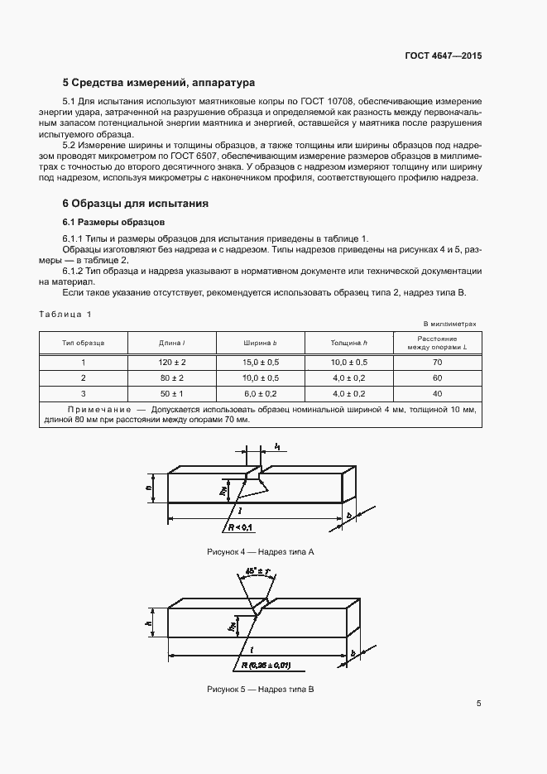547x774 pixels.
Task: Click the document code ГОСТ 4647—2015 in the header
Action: [443, 55]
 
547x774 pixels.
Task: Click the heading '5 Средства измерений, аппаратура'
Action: [158, 83]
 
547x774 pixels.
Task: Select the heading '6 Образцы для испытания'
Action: [135, 203]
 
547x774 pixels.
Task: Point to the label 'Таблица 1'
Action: [66, 313]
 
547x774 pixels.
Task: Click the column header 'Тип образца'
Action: [84, 343]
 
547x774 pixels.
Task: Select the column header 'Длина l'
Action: [171, 343]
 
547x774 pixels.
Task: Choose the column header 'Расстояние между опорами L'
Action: [437, 343]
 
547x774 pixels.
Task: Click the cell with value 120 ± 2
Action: [171, 363]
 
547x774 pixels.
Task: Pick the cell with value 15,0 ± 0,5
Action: [261, 363]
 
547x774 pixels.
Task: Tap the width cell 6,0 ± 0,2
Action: [261, 393]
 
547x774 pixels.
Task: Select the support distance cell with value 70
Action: [437, 363]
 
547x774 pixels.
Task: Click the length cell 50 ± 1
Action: [171, 393]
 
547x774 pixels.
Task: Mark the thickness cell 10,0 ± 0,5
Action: [348, 363]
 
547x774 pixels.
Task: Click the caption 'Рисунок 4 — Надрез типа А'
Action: [261, 551]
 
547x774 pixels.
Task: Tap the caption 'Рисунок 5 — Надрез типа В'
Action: [261, 690]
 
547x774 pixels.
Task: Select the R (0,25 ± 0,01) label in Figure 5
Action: [266, 665]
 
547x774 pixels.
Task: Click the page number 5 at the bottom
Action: [478, 704]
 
